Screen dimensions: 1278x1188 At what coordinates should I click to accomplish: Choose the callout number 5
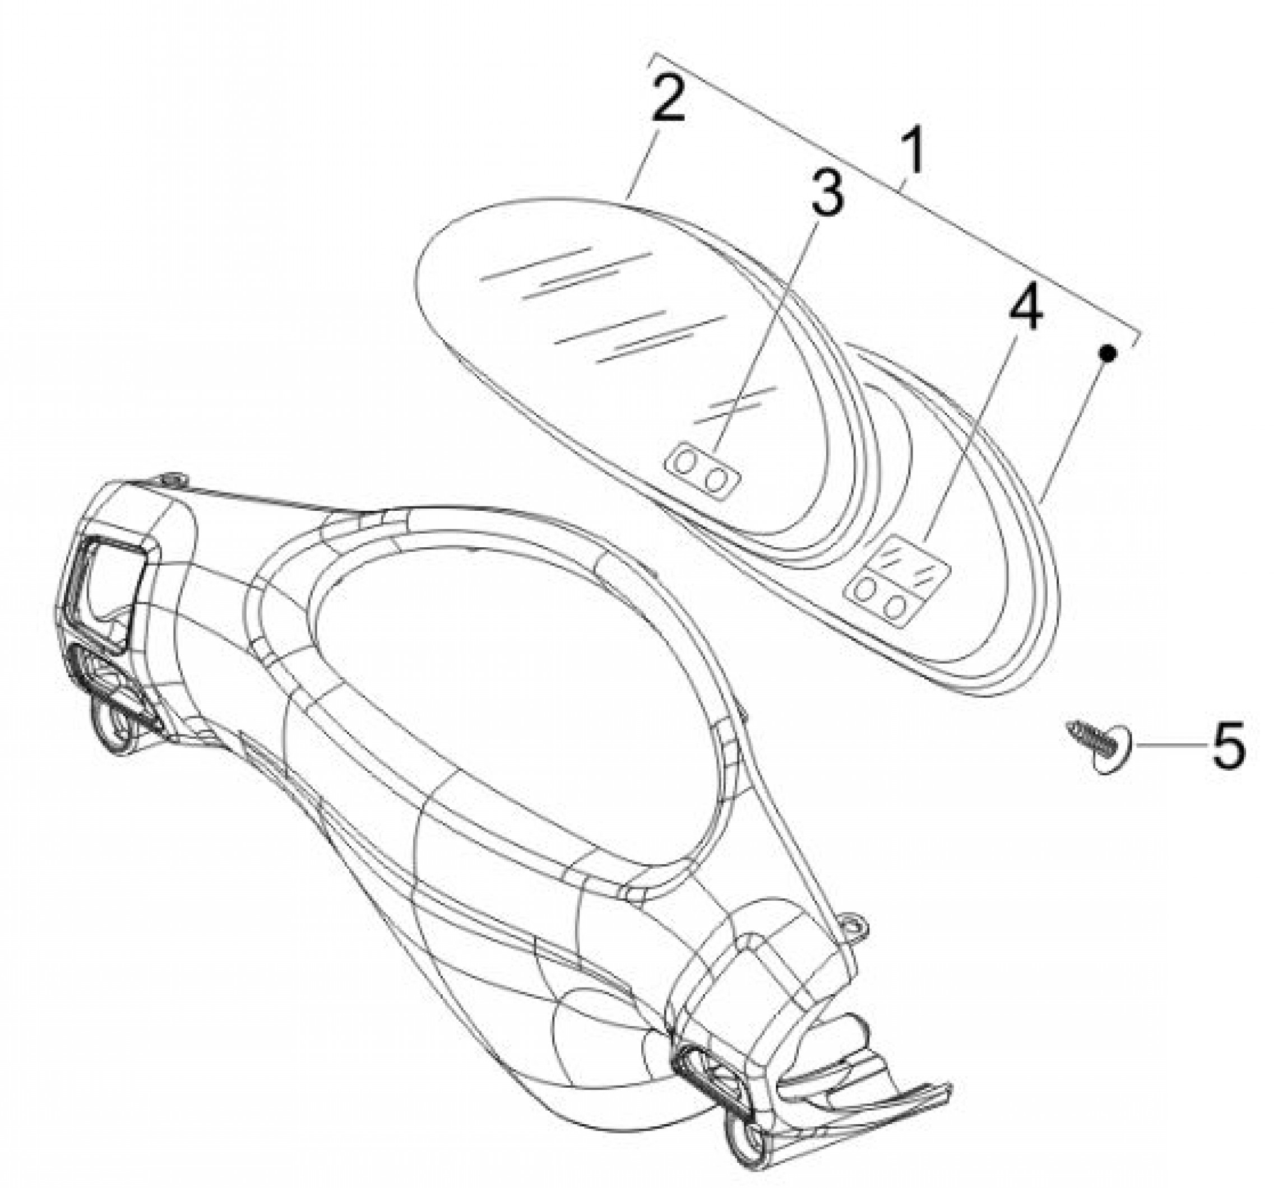click(x=1229, y=746)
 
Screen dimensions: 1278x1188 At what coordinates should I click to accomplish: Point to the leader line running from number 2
click(x=643, y=162)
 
